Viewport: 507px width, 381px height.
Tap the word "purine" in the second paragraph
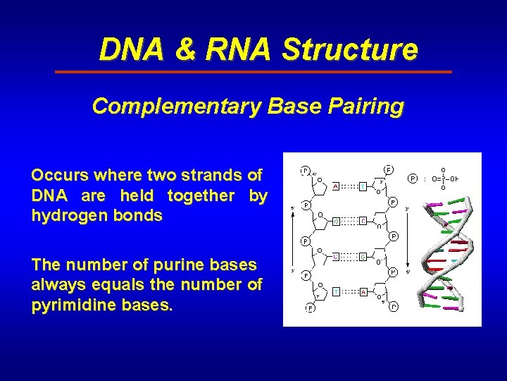176,265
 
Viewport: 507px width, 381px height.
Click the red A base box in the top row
337,186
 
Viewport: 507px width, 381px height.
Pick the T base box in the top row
362,186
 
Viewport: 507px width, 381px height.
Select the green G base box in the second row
337,222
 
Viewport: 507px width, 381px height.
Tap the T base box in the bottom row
337,290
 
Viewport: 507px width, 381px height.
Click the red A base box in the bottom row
362,290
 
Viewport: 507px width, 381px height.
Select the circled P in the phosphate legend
413,179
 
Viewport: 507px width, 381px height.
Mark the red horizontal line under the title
254,72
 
